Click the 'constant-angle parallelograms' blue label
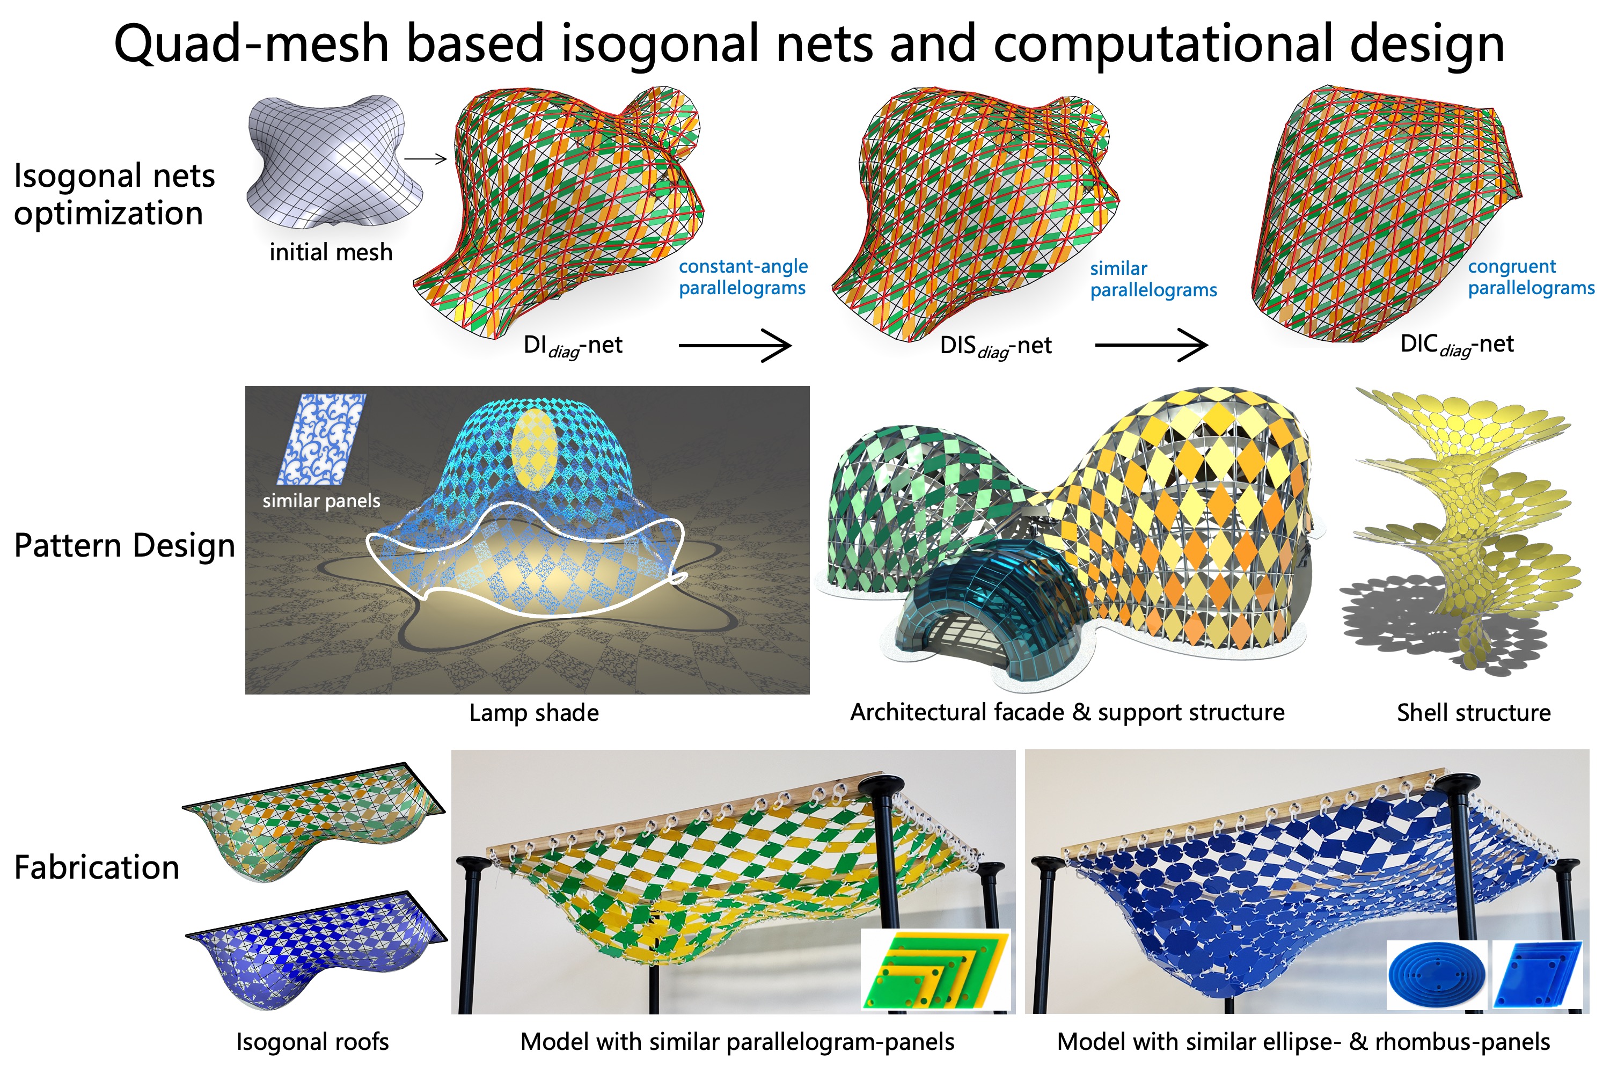[743, 277]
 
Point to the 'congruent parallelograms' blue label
[1531, 277]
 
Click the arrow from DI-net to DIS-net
[735, 345]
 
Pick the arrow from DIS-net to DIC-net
[1152, 345]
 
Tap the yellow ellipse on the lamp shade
[535, 449]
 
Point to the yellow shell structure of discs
[1462, 528]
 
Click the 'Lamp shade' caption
[534, 713]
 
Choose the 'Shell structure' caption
[1474, 713]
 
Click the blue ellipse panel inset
[1437, 975]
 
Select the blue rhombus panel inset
[1538, 975]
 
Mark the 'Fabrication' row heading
[97, 868]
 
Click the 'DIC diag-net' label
[1457, 345]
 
